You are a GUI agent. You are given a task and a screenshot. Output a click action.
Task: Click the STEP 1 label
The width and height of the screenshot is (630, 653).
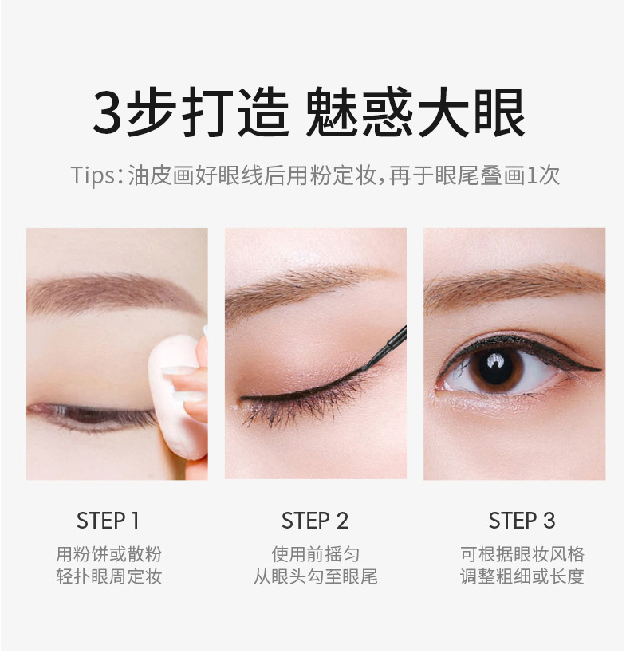click(108, 521)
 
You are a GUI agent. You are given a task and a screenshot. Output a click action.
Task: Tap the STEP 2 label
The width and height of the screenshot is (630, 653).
click(316, 521)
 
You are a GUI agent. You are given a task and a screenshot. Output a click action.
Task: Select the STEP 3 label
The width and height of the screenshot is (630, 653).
click(522, 521)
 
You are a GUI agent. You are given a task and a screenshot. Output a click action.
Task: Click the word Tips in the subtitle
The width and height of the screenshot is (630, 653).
click(92, 175)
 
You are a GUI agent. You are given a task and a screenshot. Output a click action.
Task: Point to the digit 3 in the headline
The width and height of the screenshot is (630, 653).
click(108, 112)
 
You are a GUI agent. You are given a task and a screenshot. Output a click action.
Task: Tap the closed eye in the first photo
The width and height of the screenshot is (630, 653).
click(92, 416)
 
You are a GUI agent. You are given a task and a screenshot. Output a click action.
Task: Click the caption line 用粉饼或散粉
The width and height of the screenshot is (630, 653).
click(109, 554)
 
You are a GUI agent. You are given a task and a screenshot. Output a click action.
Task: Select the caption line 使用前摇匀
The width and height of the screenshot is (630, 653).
click(316, 554)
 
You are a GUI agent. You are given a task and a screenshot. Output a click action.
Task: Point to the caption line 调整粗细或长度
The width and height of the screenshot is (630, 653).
click(522, 576)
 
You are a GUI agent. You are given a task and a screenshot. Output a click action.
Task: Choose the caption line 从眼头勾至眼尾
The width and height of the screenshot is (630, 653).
click(316, 576)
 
